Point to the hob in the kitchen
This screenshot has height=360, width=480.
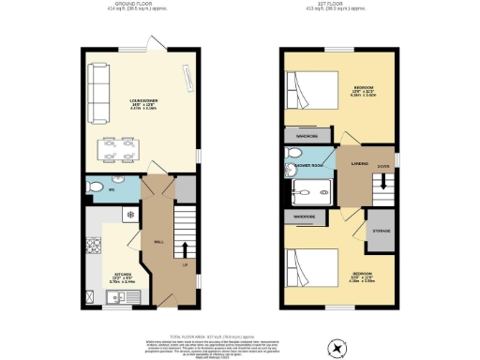(93, 247)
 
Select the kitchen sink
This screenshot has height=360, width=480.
(114, 298)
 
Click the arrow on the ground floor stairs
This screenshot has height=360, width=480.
(183, 249)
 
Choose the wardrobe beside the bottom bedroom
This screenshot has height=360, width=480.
(304, 217)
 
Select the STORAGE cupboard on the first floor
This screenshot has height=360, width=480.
(382, 232)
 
